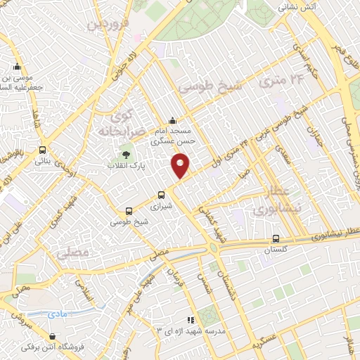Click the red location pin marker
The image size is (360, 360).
click(x=181, y=166)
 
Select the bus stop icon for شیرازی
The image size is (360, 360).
click(x=162, y=195)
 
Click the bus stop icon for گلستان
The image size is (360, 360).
click(x=276, y=238)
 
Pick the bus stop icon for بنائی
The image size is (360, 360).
click(x=43, y=150)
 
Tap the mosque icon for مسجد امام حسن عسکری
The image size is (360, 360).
click(x=172, y=120)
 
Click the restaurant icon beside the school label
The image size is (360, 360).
click(x=190, y=320)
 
